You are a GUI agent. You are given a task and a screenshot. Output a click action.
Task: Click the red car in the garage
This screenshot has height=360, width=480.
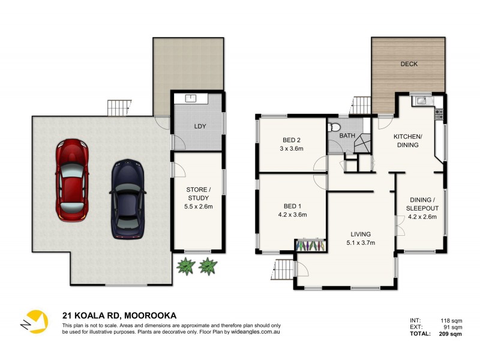[72, 179]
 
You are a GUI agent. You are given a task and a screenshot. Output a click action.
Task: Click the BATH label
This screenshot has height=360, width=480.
[347, 136]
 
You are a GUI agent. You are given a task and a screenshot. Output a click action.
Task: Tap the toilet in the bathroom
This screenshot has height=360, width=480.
[335, 127]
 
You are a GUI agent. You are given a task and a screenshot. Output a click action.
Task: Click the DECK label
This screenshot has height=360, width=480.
[409, 64]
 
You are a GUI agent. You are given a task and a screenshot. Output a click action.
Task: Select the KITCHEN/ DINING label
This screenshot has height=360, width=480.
[408, 141]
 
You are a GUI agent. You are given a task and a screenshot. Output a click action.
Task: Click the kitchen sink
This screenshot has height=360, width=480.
[421, 101]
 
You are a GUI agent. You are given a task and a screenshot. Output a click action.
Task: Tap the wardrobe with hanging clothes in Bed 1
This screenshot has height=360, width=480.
[311, 245]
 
